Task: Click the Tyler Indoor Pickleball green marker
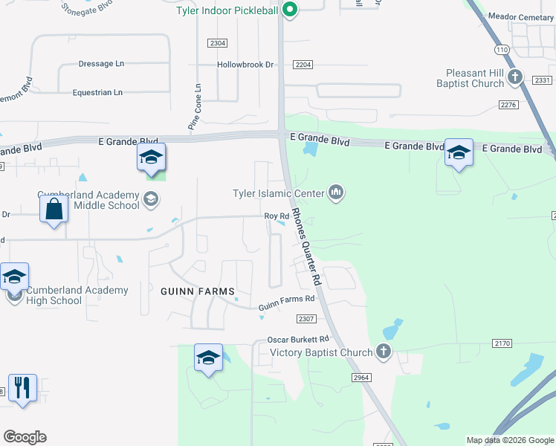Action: click(291, 10)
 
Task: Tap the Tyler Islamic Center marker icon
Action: click(337, 193)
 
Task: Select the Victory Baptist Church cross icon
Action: click(383, 352)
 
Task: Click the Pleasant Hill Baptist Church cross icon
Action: click(514, 76)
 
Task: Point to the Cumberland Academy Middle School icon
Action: click(151, 198)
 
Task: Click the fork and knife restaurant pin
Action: click(22, 388)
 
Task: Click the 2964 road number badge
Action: click(361, 378)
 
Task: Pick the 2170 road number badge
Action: click(502, 343)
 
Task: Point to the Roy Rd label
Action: click(277, 216)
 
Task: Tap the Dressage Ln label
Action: click(101, 64)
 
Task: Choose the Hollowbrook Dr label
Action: click(245, 65)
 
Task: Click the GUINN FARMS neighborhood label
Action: click(198, 291)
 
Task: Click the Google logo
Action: click(25, 437)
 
